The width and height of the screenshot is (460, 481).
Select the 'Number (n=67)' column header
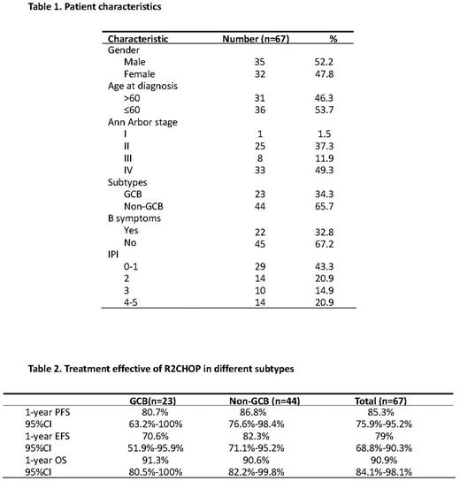(x=261, y=40)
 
